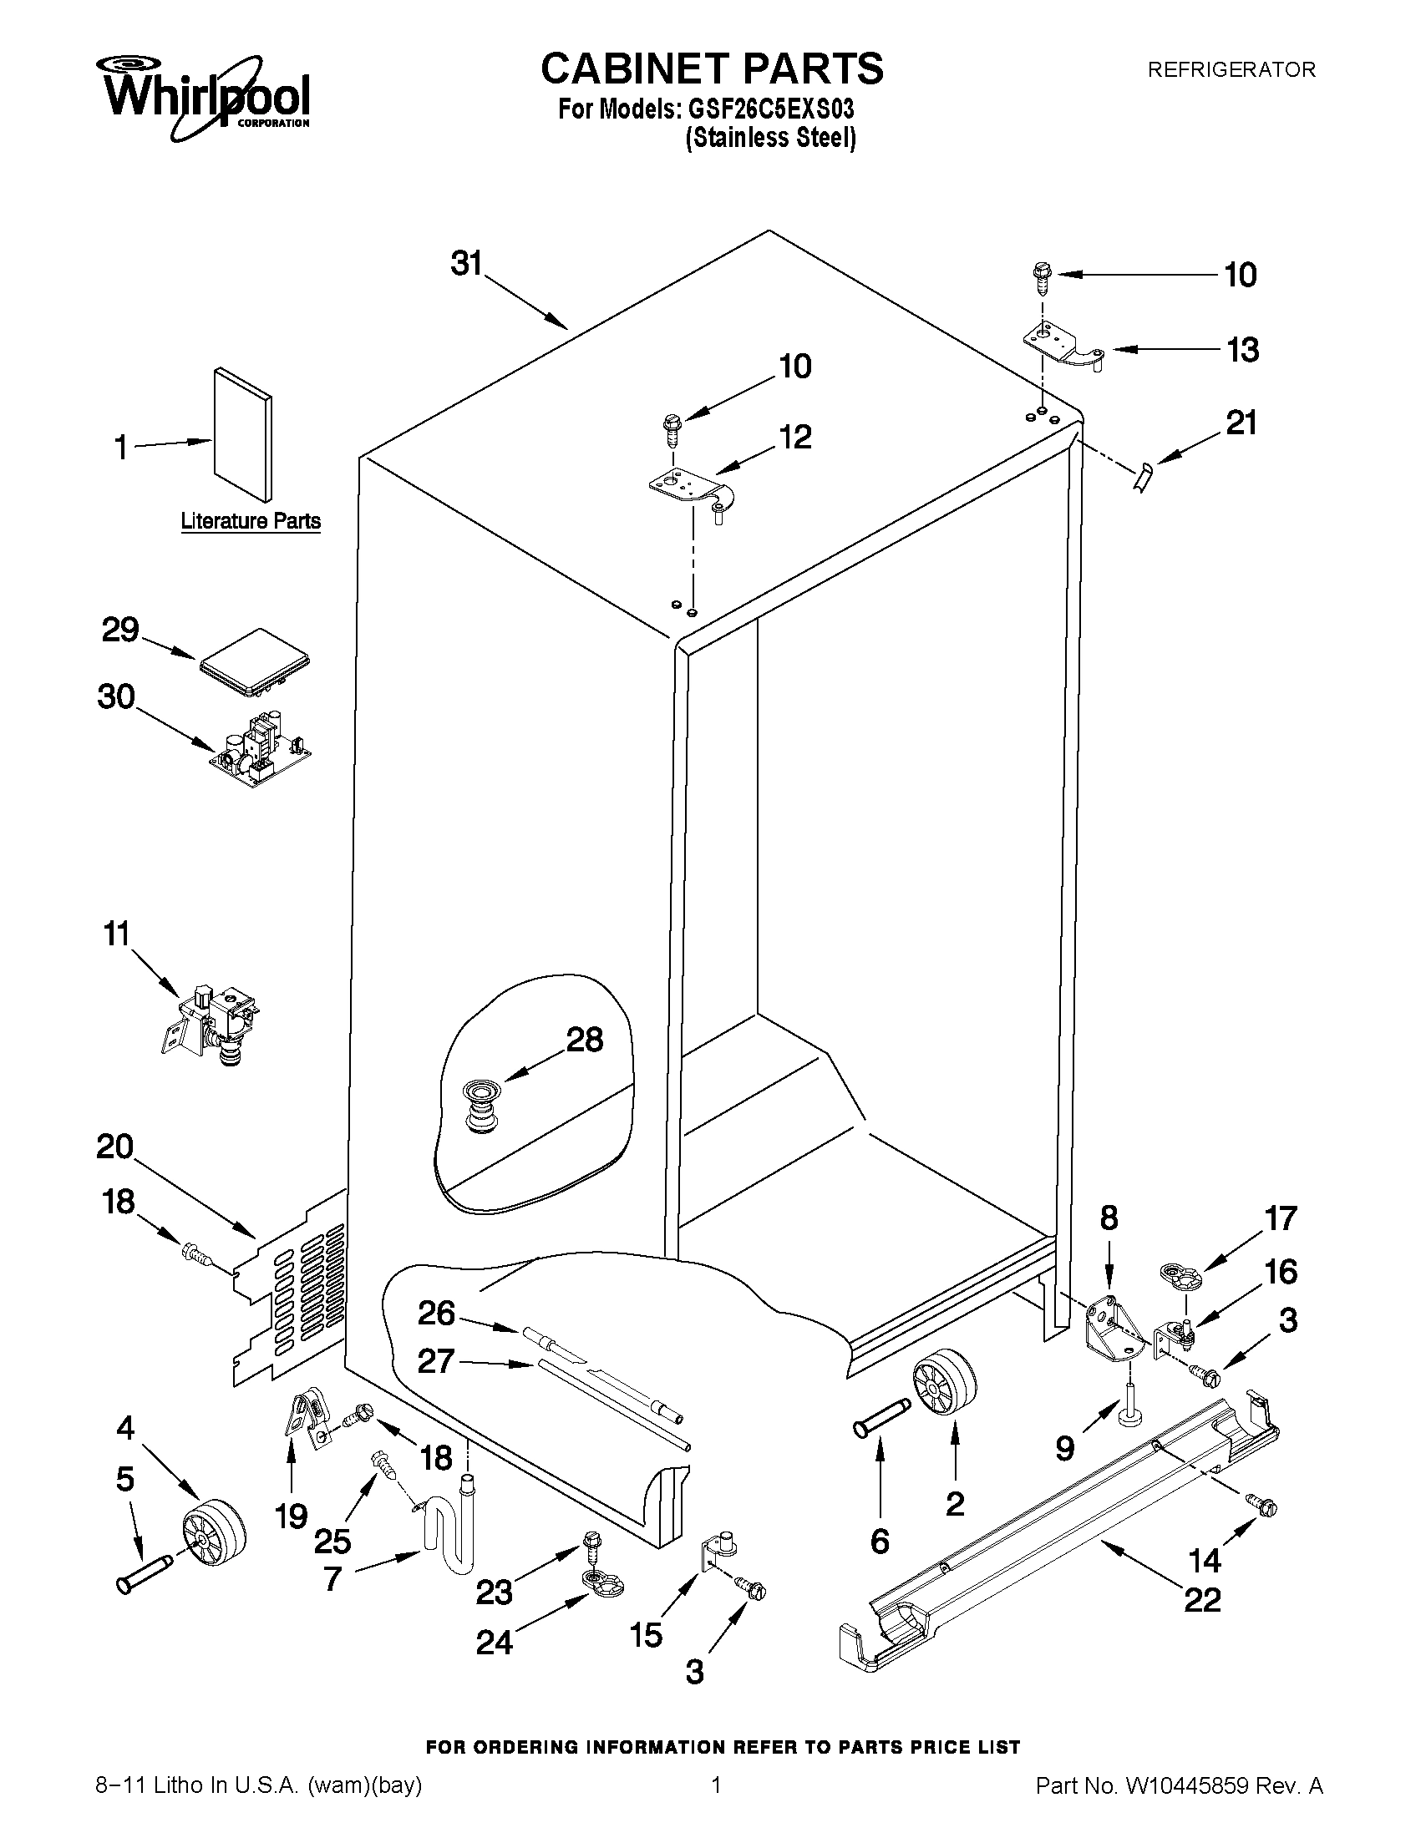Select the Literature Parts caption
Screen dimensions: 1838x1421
(251, 521)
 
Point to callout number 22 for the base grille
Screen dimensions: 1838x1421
(1201, 1598)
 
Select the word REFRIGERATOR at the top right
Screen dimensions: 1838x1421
(1231, 70)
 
